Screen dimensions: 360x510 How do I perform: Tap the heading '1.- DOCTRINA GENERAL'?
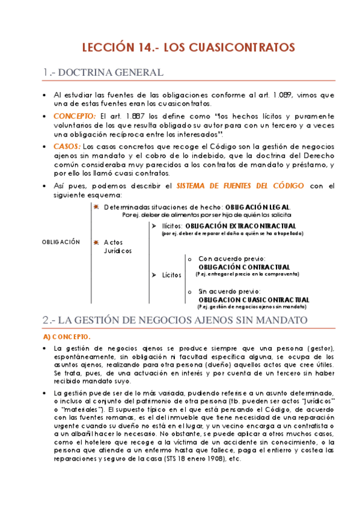click(x=103, y=73)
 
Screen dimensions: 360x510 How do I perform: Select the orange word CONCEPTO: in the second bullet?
click(x=75, y=115)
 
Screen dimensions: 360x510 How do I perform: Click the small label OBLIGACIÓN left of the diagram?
click(x=61, y=242)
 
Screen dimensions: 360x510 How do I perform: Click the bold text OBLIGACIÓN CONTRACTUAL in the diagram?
click(x=244, y=266)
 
